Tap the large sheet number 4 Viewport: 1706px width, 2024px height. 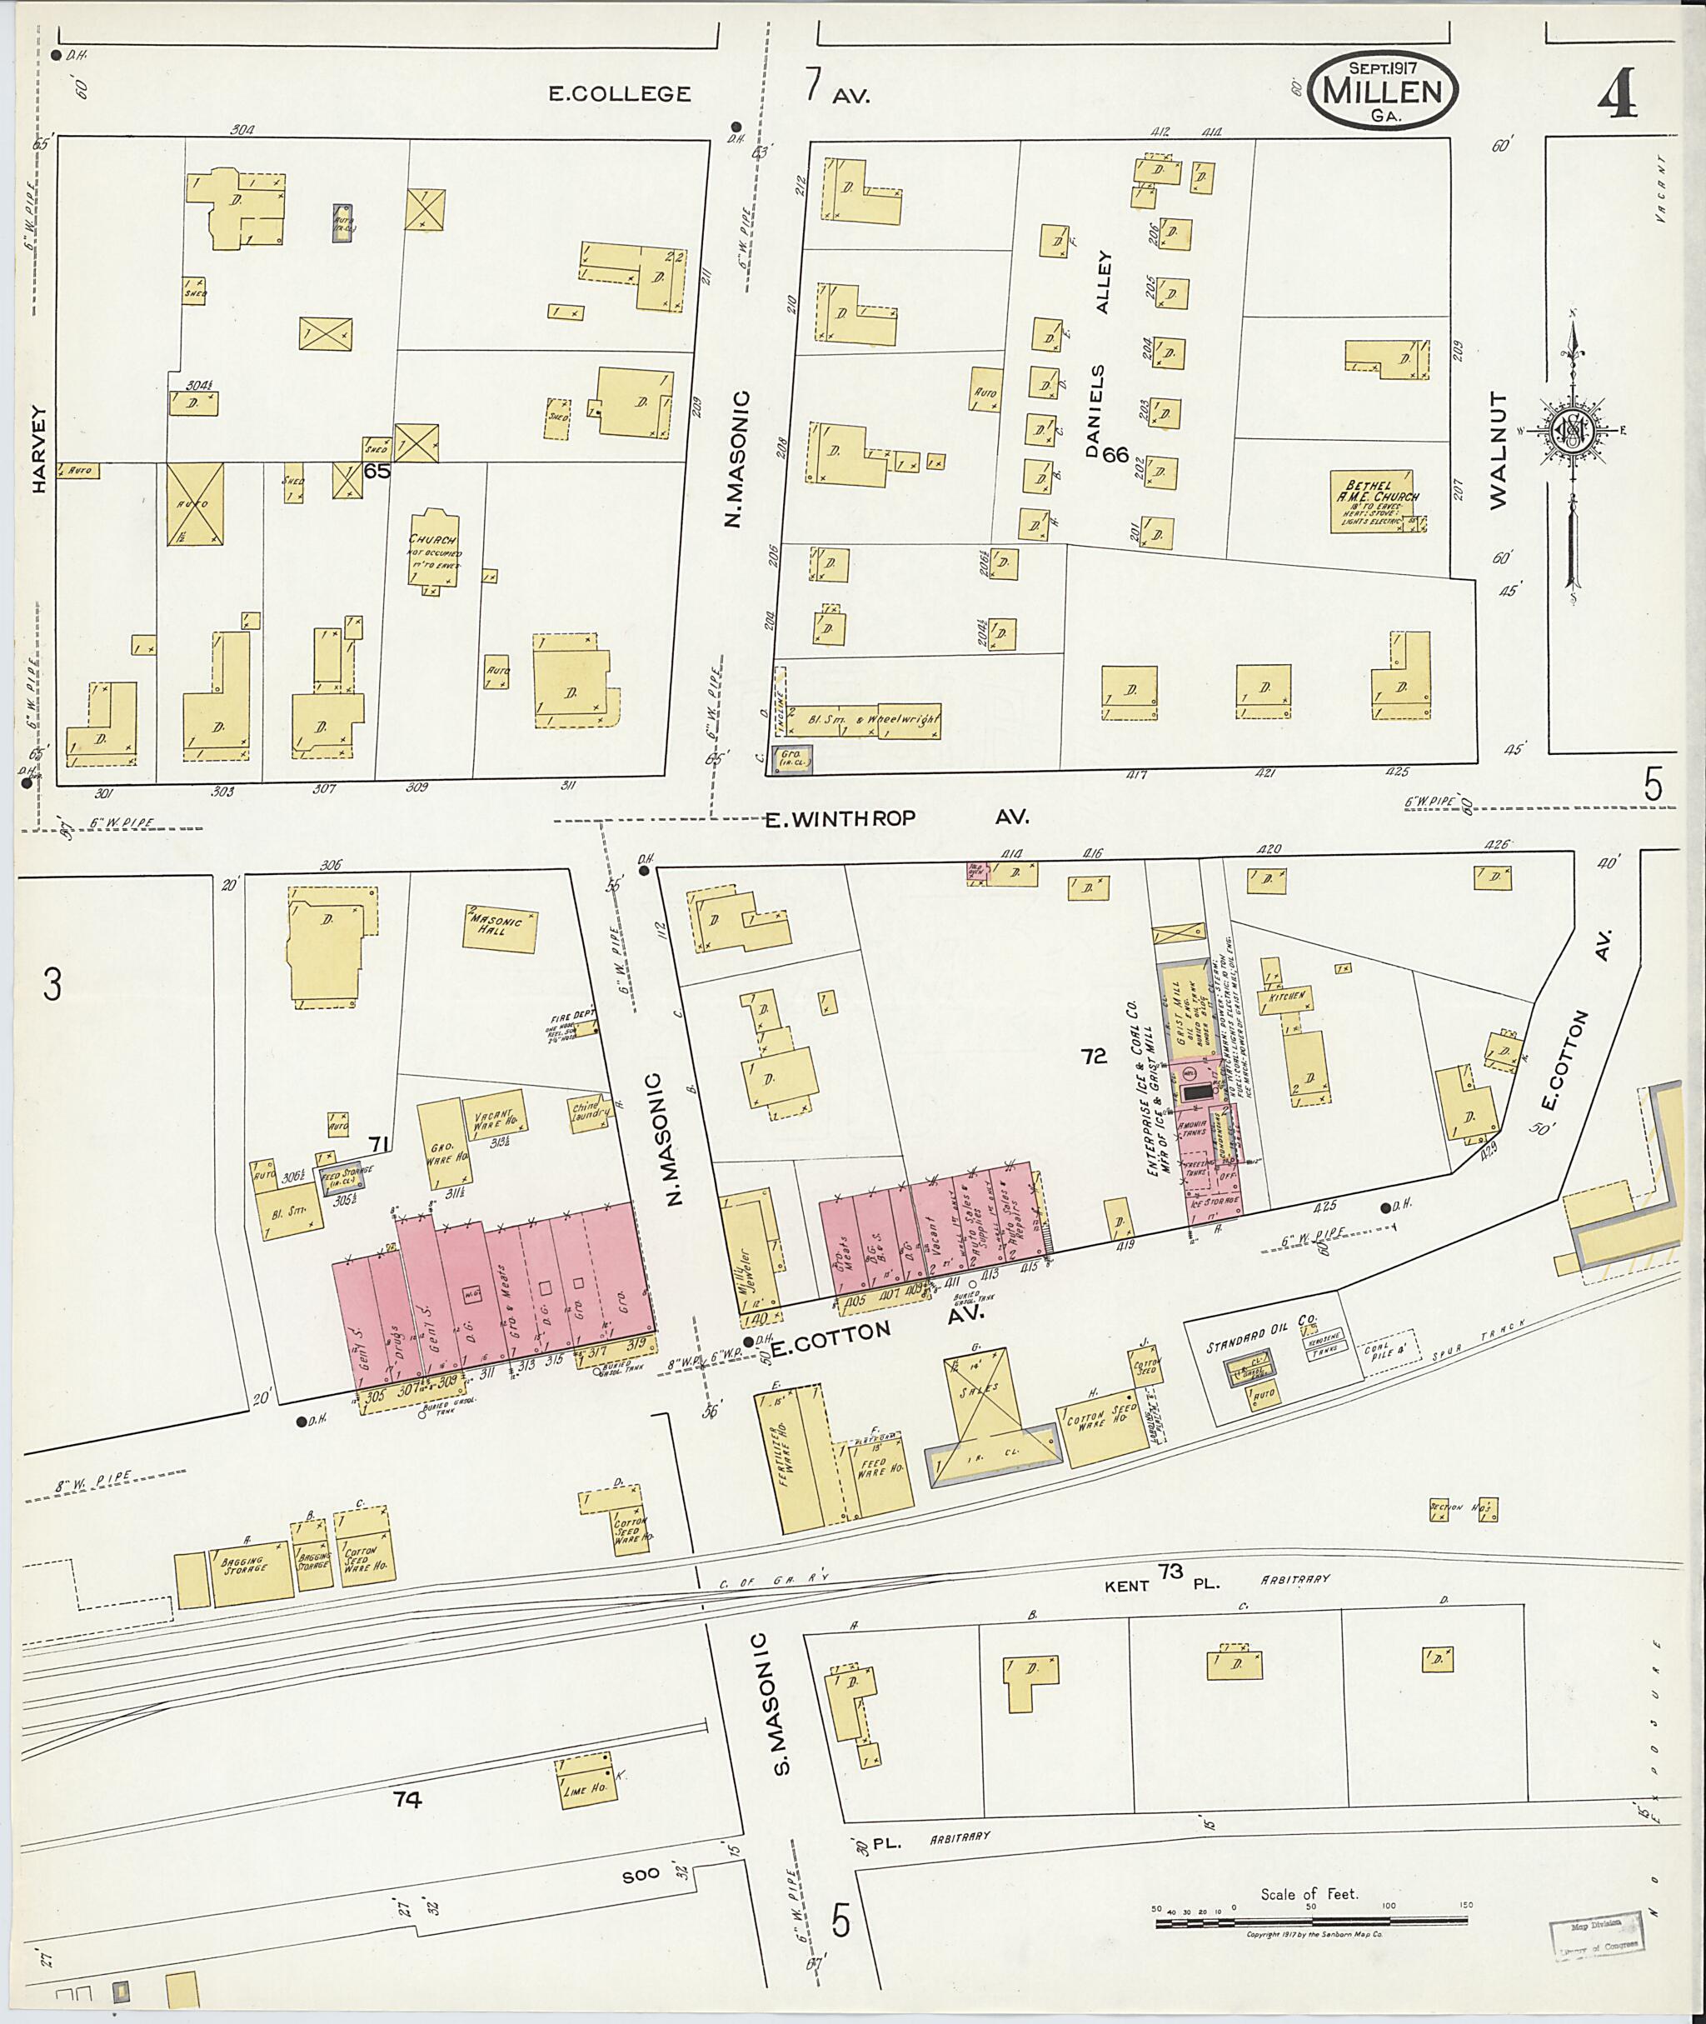[x=1616, y=95]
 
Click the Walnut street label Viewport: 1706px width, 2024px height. [x=1498, y=451]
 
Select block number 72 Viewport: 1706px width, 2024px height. [x=1094, y=1057]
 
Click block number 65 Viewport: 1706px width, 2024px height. [x=377, y=471]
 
